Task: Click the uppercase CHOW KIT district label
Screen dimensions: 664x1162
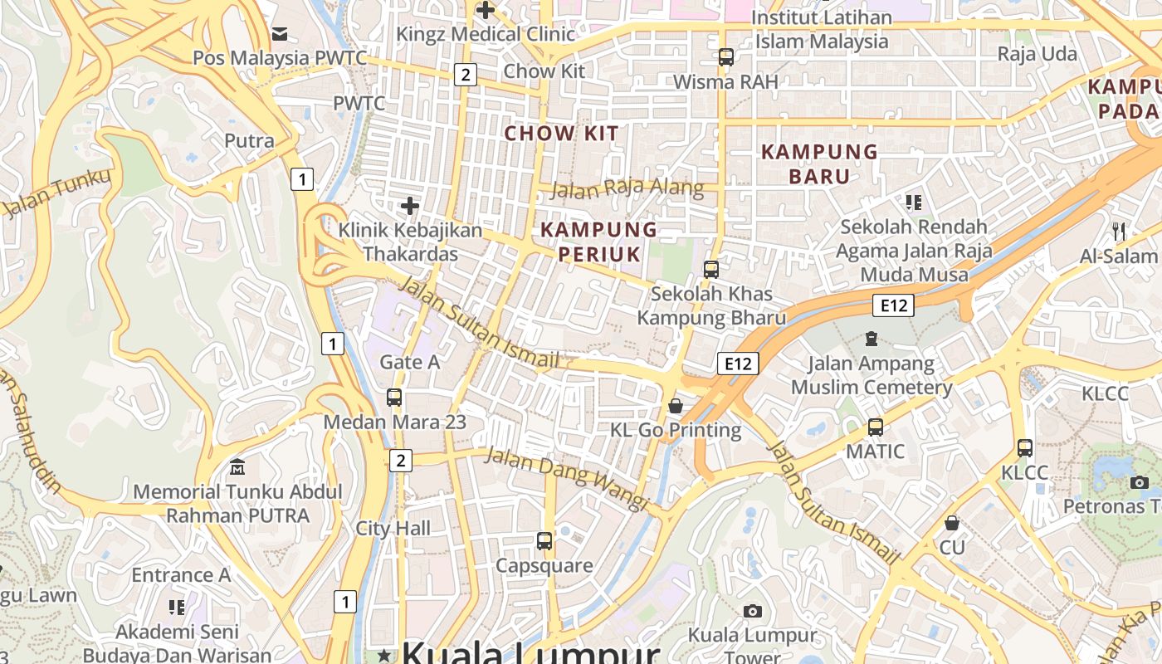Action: (562, 133)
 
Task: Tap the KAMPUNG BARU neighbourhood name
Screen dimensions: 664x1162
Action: (819, 164)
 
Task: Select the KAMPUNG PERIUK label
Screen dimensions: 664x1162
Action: (598, 242)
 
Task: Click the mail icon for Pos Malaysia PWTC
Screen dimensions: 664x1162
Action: (280, 34)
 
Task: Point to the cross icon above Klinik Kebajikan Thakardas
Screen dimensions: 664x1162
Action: (409, 205)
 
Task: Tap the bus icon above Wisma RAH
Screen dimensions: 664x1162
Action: (726, 57)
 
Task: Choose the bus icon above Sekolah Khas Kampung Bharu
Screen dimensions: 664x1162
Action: (711, 269)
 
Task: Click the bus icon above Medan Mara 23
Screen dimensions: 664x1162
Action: (394, 398)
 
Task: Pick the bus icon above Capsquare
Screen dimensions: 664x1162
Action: (544, 541)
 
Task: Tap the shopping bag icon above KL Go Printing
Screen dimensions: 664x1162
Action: (676, 406)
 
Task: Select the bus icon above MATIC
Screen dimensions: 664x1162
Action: (876, 427)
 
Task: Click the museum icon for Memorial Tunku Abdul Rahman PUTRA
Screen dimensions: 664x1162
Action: (237, 466)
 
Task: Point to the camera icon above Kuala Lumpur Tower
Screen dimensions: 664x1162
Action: (753, 612)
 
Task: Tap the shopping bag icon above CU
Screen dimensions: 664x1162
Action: (952, 523)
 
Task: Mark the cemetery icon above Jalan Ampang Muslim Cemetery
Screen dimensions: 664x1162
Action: (871, 339)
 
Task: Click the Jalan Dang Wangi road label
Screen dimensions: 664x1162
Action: (565, 479)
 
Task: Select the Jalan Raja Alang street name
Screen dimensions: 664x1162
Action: (627, 188)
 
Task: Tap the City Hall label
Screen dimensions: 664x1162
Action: (393, 528)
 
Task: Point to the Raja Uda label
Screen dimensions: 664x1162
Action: (1037, 54)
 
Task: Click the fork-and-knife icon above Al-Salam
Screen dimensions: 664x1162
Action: (1119, 232)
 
